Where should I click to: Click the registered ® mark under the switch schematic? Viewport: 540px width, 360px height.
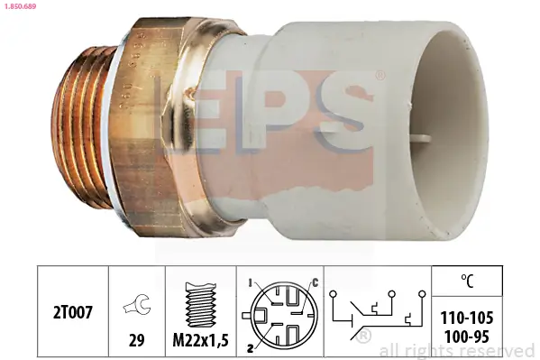pyautogui.click(x=364, y=337)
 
